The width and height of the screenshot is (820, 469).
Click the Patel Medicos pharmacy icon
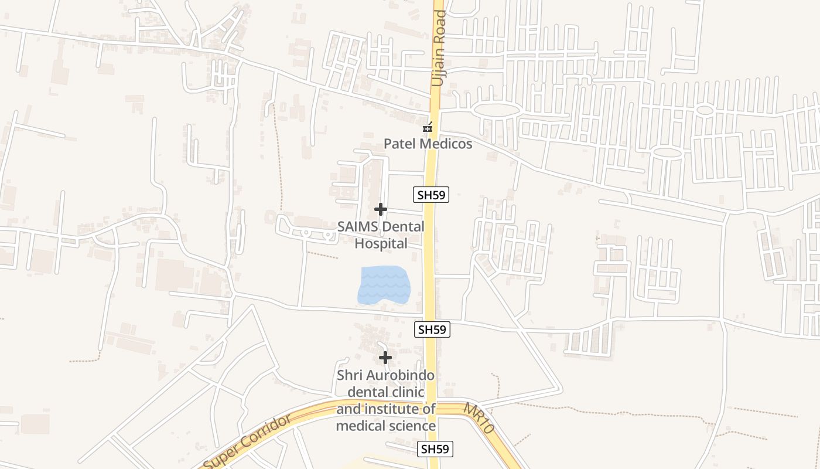point(428,127)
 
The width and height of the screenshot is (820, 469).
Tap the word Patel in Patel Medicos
point(400,144)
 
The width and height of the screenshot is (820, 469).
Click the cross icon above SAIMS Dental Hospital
point(381,209)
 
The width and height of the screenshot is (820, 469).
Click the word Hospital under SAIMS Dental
point(381,243)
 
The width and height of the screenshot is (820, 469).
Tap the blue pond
point(384,286)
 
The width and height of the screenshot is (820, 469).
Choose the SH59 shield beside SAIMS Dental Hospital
point(431,195)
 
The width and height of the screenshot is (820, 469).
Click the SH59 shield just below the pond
point(432,329)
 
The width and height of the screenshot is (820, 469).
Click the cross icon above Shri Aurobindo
point(385,358)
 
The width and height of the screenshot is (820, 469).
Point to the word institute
point(398,409)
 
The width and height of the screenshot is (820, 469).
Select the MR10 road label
point(480,417)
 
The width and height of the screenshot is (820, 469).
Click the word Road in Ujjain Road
point(439,25)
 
